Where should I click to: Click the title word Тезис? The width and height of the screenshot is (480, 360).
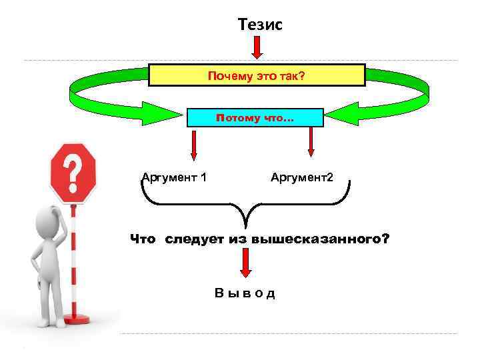(x=261, y=25)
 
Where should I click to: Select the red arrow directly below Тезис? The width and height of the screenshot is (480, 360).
(x=257, y=48)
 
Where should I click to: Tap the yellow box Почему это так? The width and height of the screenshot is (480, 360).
(x=257, y=75)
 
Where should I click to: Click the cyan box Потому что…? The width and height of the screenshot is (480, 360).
(x=255, y=118)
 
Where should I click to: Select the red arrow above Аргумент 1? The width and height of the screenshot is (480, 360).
(x=193, y=145)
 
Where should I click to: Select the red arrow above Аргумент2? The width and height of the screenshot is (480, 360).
(x=311, y=143)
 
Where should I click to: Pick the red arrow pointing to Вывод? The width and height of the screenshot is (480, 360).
(x=246, y=265)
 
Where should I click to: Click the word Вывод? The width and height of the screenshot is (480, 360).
(x=245, y=293)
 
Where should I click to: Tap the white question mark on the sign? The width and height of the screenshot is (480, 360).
(x=74, y=172)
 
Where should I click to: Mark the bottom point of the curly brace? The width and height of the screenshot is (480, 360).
(x=246, y=227)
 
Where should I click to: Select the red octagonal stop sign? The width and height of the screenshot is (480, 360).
(x=73, y=173)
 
